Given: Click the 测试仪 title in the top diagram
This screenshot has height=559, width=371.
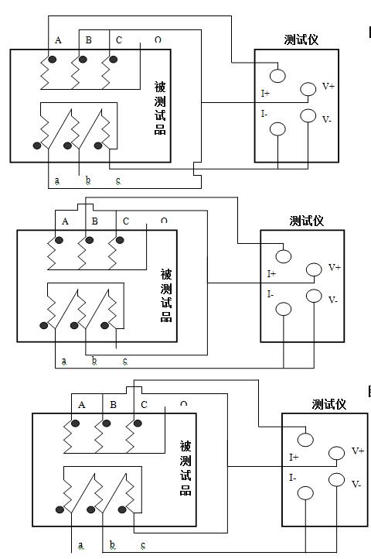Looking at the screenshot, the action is point(301,39).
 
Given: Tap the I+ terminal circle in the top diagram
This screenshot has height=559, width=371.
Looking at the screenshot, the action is point(277,76).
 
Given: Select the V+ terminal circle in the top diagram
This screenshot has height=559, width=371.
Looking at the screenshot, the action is point(308,89).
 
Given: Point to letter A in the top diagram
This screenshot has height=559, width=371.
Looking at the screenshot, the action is point(58,40).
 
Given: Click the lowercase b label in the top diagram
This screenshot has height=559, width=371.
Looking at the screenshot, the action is point(88,180).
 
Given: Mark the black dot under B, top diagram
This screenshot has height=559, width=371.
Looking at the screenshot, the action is point(83,59).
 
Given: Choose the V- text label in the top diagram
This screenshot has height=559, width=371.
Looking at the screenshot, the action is point(327,119).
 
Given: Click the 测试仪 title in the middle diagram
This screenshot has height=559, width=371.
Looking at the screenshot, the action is point(307,221).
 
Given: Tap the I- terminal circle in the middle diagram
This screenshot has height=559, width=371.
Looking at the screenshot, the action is point(284,309).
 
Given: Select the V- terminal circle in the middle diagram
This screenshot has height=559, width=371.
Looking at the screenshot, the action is point(314,296).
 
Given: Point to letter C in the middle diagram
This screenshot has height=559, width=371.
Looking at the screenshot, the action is point(126,221).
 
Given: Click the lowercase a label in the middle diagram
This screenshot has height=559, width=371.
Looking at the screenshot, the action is point(63,361).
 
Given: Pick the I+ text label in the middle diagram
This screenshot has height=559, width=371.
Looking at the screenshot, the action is point(271,274).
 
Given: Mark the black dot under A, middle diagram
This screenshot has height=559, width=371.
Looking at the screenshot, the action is point(59,240).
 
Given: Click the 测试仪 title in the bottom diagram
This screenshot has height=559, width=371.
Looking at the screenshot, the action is point(329,404).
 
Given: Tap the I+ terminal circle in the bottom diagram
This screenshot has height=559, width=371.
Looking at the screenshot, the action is point(305,440).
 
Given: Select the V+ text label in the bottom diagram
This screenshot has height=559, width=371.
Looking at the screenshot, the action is point(358,451).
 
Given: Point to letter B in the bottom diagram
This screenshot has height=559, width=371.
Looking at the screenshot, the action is point(113,405).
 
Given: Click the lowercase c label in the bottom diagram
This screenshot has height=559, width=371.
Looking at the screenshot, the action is point(143,545).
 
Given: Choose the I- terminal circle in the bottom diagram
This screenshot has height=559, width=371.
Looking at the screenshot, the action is point(305,493).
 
